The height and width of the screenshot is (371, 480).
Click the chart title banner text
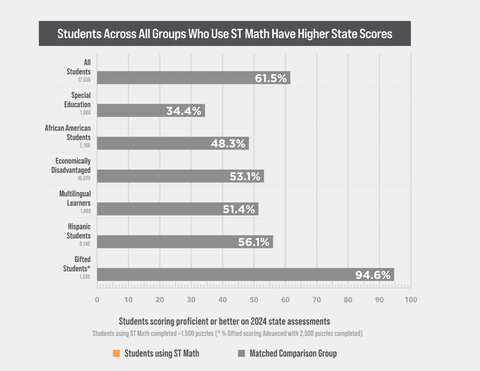pyautogui.click(x=225, y=34)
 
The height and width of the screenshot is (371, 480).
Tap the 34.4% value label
pyautogui.click(x=184, y=111)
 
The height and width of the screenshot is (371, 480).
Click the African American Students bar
pyautogui.click(x=154, y=143)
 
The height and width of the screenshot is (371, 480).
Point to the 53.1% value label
pyautogui.click(x=245, y=176)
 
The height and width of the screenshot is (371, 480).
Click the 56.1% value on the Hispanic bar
pyautogui.click(x=254, y=242)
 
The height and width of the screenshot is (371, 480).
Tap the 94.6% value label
pyautogui.click(x=373, y=275)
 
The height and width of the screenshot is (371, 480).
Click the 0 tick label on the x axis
pyautogui.click(x=97, y=300)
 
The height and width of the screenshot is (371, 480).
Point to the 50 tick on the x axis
pyautogui.click(x=254, y=300)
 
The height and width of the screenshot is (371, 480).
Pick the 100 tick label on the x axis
pyautogui.click(x=411, y=300)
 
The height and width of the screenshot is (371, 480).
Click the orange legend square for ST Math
pyautogui.click(x=117, y=353)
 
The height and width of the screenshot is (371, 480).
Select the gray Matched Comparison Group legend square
pyautogui.click(x=241, y=353)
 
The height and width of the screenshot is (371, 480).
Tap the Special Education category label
pyautogui.click(x=77, y=100)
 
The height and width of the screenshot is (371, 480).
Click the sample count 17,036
pyautogui.click(x=84, y=80)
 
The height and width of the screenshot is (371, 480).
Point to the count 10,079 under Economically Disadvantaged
pyautogui.click(x=84, y=178)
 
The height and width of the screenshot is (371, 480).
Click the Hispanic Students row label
pyautogui.click(x=79, y=231)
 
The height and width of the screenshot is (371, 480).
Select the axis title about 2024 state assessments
pyautogui.click(x=224, y=321)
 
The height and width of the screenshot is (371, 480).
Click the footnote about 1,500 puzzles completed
pyautogui.click(x=227, y=333)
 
